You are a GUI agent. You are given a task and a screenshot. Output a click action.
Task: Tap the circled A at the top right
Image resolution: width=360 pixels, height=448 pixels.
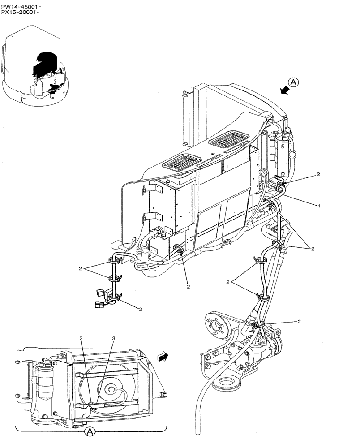(x=292, y=82)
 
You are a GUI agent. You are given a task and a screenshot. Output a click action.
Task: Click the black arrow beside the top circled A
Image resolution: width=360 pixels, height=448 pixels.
(x=283, y=90)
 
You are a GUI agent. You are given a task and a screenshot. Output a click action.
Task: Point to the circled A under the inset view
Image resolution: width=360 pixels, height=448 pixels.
(x=90, y=431)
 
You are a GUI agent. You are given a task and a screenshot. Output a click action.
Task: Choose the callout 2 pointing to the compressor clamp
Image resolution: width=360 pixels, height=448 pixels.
(x=299, y=322)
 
